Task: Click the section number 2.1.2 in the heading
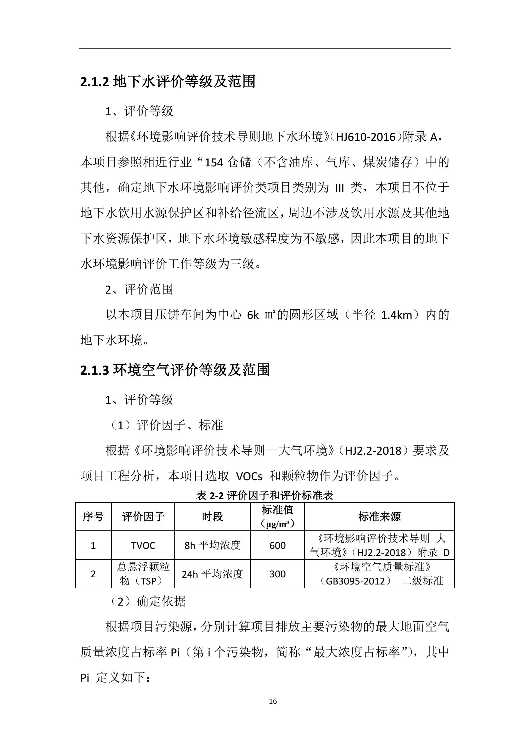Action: (94, 82)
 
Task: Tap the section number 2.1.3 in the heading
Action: (94, 370)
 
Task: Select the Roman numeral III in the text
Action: (340, 188)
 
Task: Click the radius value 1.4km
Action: (396, 315)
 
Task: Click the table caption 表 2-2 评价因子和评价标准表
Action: (264, 496)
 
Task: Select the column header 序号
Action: (93, 517)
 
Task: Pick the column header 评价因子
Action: (143, 517)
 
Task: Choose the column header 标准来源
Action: (379, 517)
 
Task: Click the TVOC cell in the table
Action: (143, 546)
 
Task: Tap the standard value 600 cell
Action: (277, 546)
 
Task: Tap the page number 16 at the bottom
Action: (273, 701)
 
